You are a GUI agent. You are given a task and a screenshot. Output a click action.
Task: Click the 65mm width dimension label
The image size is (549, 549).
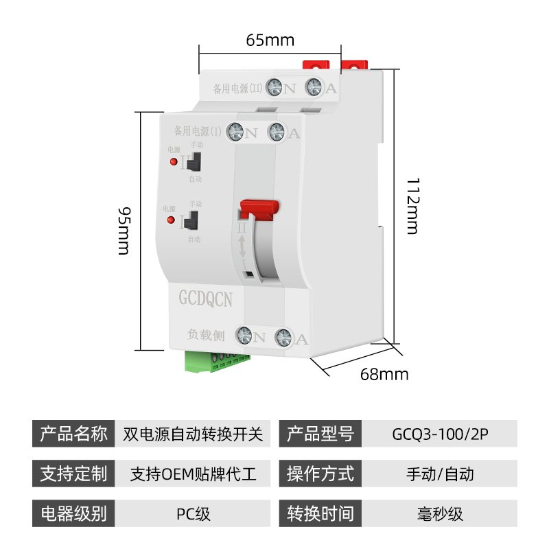point(270,40)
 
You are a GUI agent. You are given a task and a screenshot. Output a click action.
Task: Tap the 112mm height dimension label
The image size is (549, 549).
point(412,206)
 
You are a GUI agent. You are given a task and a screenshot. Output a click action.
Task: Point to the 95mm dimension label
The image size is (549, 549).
point(123,229)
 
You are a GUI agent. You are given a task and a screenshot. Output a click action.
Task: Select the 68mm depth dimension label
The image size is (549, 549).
point(384,374)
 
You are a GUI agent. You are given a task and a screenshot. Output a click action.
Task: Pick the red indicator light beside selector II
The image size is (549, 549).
point(171,162)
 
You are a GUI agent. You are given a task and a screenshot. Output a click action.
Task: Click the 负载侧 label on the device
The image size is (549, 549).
point(204,334)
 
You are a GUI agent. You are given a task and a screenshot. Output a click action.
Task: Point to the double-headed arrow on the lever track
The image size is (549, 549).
point(242,248)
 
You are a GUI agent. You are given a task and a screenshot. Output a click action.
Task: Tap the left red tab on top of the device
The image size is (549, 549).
point(314,66)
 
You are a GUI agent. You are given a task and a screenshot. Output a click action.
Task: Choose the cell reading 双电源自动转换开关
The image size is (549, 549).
point(193,434)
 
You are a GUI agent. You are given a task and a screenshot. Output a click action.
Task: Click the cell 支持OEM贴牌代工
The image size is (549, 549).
point(193,474)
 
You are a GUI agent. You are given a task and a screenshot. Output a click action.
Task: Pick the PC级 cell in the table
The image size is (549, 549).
point(193,513)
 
